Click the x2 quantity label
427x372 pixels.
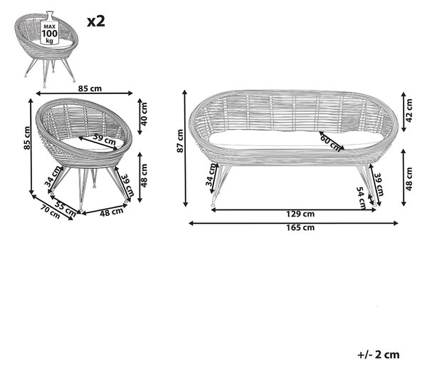(96, 21)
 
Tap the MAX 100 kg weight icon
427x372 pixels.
(49, 28)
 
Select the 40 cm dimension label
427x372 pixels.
(144, 114)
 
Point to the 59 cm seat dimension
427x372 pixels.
(105, 139)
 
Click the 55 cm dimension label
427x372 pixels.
(65, 207)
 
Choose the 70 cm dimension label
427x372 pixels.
(51, 212)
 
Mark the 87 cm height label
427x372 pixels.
(180, 141)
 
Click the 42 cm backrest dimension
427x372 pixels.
(408, 110)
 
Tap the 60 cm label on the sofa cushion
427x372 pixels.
(331, 143)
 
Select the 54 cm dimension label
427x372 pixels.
(361, 198)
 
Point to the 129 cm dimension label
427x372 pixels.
(300, 214)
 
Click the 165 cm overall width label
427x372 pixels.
(300, 227)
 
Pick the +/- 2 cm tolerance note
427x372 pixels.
(379, 355)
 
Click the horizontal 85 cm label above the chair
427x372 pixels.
(90, 88)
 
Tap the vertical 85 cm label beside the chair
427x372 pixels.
(27, 138)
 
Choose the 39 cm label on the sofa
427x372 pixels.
(379, 185)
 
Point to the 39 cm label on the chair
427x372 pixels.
(127, 185)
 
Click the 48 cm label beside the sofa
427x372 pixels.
(408, 179)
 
